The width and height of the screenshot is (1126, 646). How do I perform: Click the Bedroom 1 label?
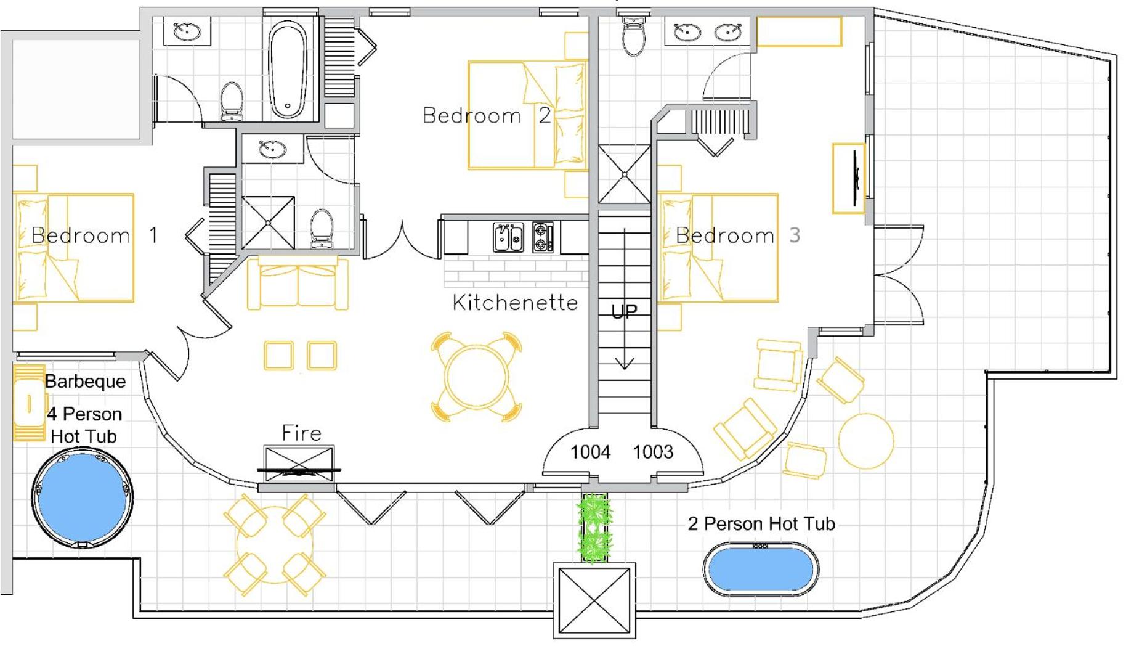point(95,235)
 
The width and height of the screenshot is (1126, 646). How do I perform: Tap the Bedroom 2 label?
point(487,115)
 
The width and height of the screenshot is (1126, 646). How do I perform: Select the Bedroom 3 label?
point(738,235)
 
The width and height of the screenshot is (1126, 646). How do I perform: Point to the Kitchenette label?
point(515,302)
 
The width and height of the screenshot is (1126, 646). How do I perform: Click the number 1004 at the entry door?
point(590,452)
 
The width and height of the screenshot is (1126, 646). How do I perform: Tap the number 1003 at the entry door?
point(653,452)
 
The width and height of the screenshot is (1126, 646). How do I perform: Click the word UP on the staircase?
point(624,312)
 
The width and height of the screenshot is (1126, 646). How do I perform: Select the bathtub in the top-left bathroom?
point(288,69)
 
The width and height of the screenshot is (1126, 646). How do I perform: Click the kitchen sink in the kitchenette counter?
point(508,237)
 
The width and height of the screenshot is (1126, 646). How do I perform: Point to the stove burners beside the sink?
point(543,237)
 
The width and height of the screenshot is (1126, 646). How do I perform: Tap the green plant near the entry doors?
point(594,528)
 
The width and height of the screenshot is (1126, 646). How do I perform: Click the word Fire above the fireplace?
point(301,433)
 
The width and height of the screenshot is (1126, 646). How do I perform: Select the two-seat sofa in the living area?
point(298,284)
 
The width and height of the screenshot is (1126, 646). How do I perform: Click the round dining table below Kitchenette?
point(476,377)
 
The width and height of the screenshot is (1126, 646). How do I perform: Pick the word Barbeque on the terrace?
point(85,382)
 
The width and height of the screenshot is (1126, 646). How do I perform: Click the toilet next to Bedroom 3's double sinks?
point(634,37)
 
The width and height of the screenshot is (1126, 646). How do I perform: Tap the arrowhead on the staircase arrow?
point(625,363)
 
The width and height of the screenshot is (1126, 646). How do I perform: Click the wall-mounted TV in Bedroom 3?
point(856,178)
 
